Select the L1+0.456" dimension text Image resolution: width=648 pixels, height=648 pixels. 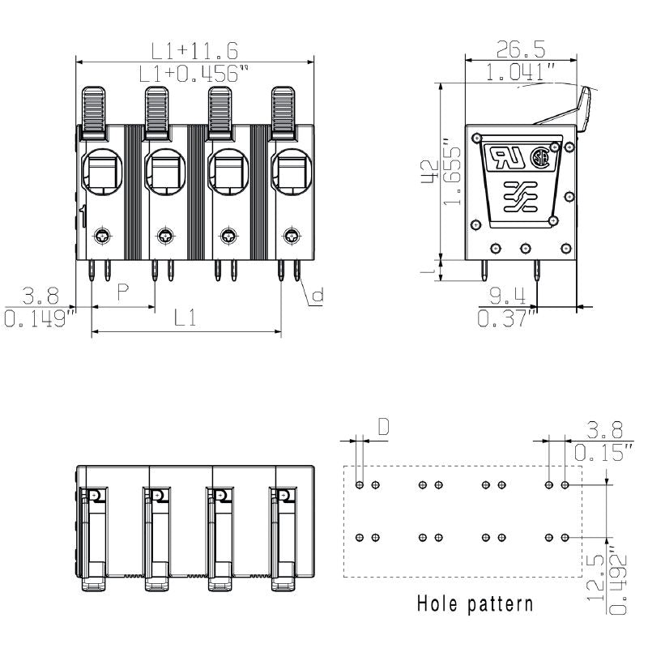pyautogui.click(x=193, y=74)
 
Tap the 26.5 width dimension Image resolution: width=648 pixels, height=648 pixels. pyautogui.click(x=521, y=49)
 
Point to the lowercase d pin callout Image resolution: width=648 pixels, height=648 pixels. pyautogui.click(x=318, y=296)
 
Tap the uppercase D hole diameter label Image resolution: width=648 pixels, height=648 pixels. pyautogui.click(x=383, y=426)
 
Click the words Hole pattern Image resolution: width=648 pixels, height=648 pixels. pyautogui.click(x=475, y=603)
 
